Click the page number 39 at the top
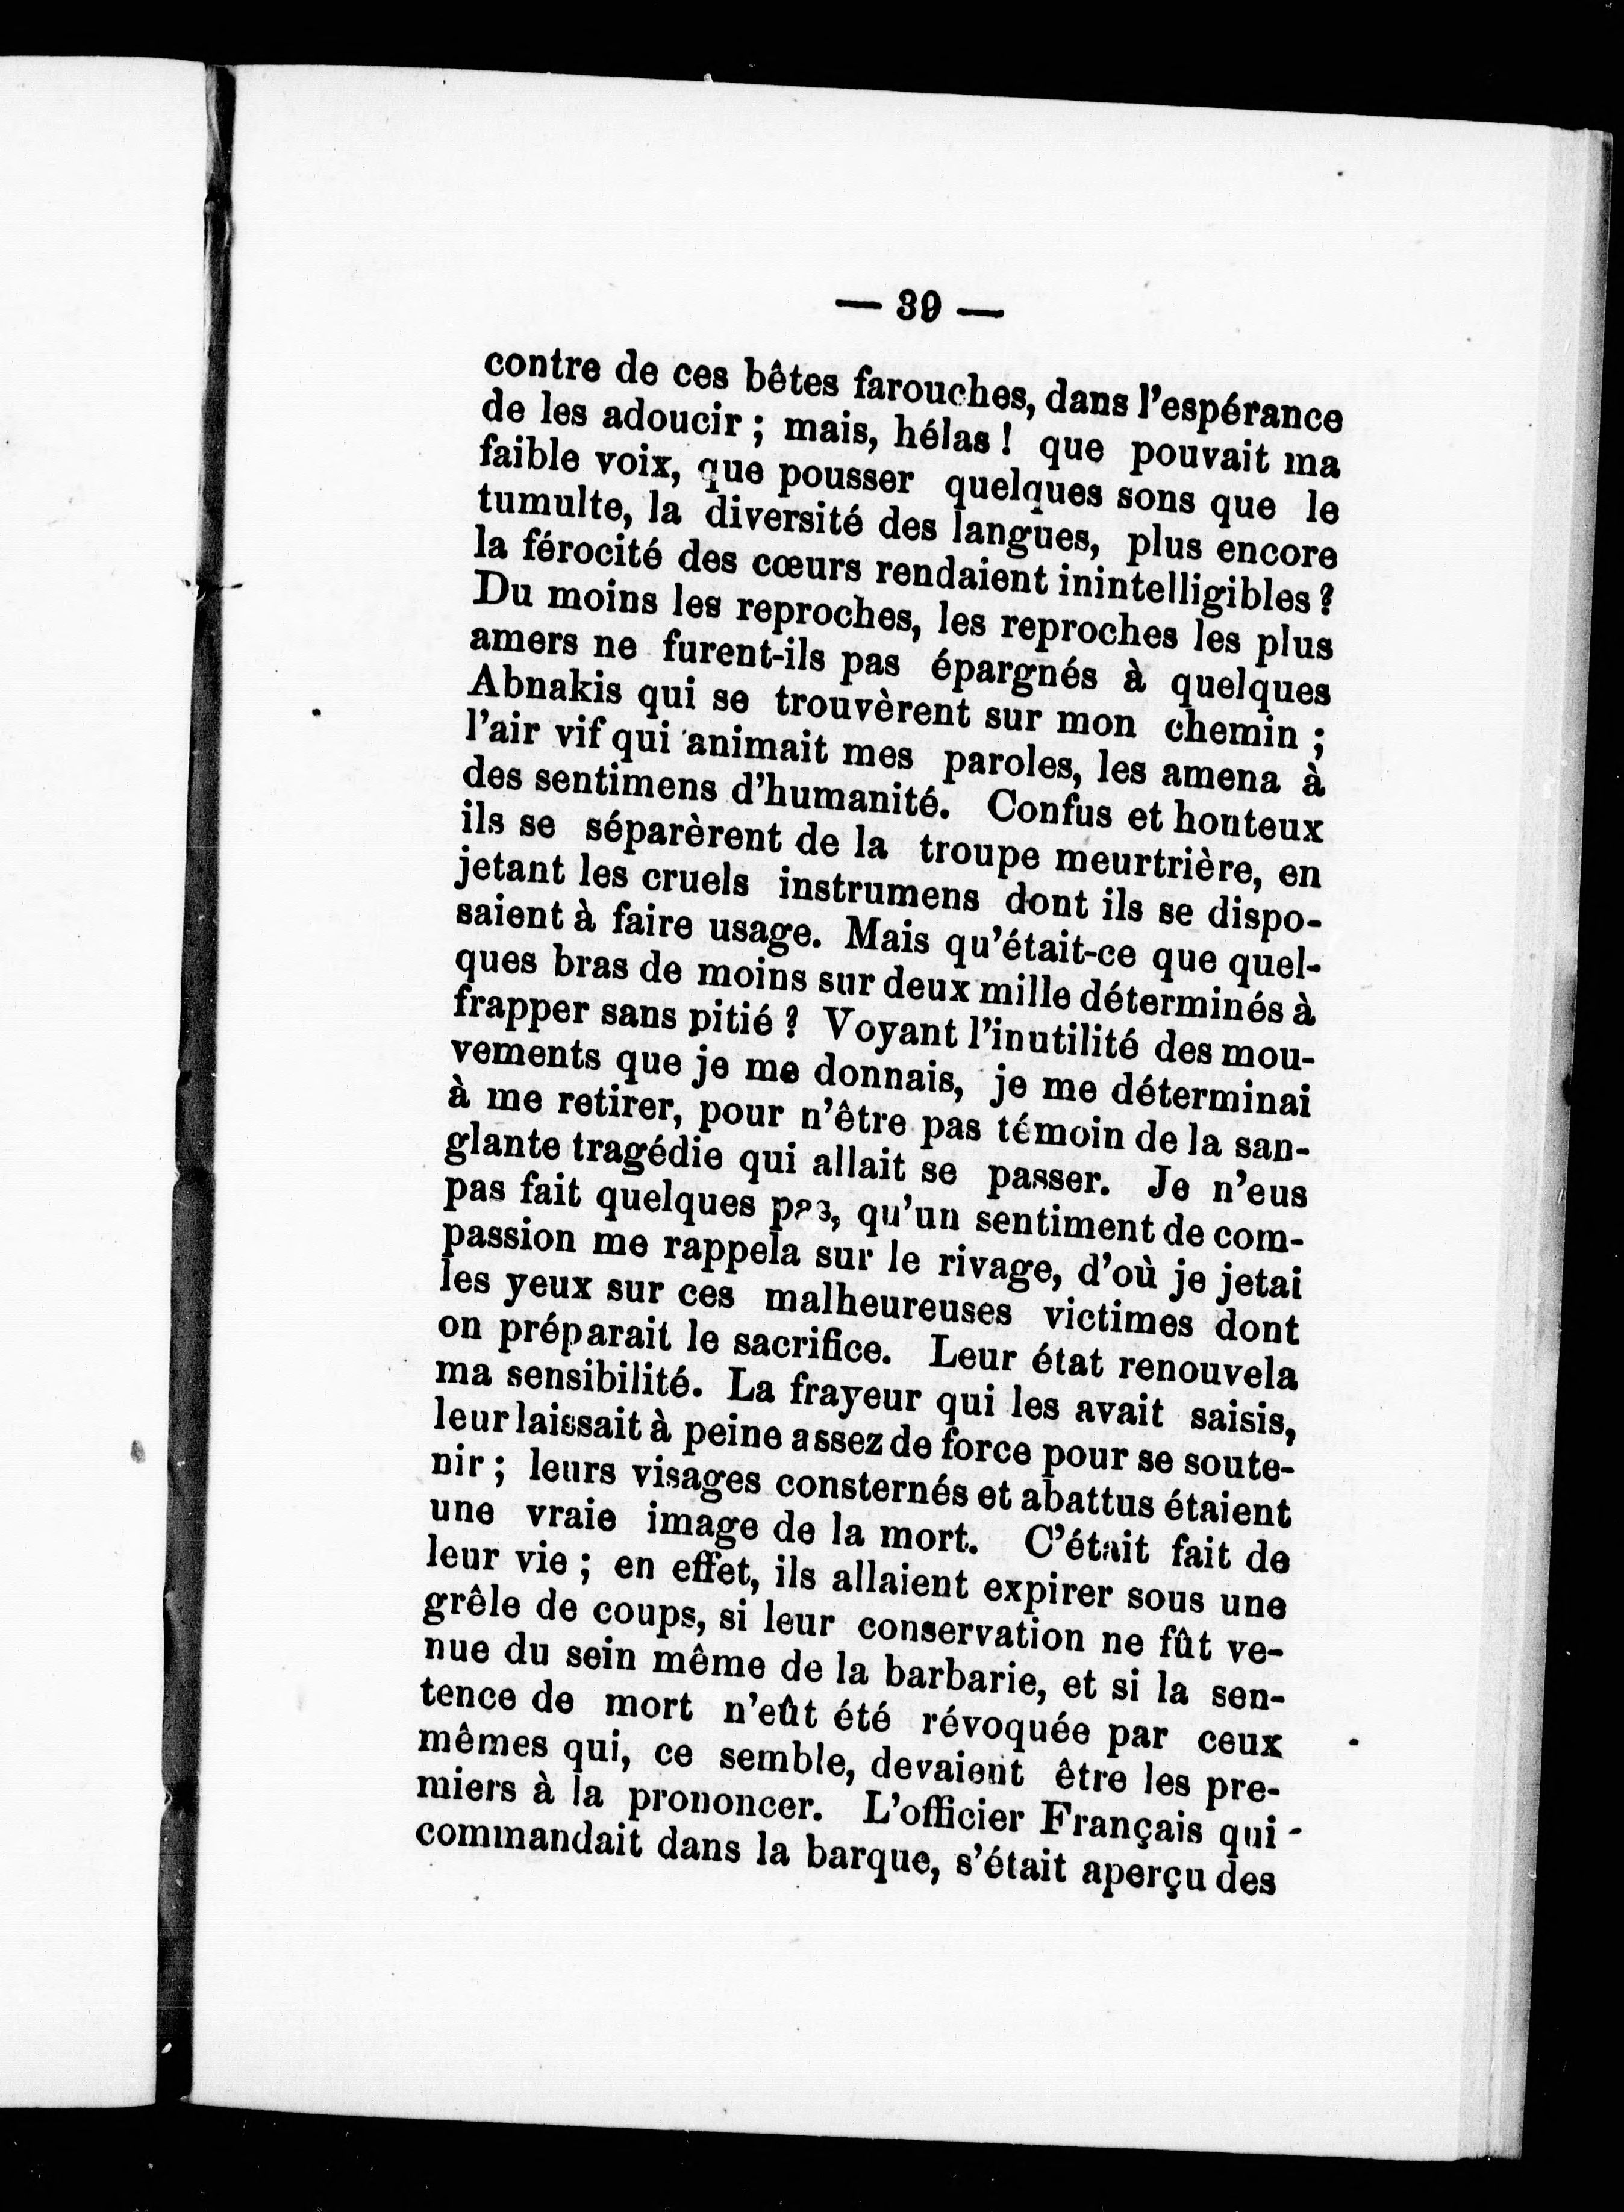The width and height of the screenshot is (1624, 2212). click(918, 308)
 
